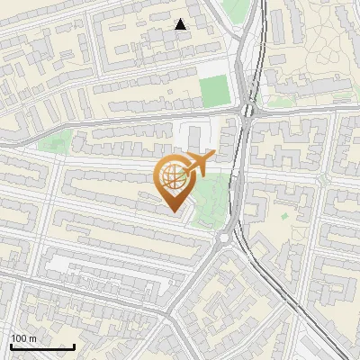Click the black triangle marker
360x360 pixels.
(181, 24)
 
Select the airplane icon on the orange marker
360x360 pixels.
(199, 164)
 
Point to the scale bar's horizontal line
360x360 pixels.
(42, 346)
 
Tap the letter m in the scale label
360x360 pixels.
(33, 338)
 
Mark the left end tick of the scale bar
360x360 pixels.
(11, 345)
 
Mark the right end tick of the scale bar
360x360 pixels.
(74, 345)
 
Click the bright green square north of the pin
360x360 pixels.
(214, 91)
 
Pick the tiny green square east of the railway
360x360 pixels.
(284, 216)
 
